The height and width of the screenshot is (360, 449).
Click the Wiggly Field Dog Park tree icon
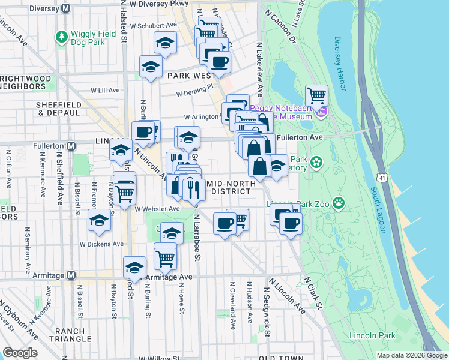61,37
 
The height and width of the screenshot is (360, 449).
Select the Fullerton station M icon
71,146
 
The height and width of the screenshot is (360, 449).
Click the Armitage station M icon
71,275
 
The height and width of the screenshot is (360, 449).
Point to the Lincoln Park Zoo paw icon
339,202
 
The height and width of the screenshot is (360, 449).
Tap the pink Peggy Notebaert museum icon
322,112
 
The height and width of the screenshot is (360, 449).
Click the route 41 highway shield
382,178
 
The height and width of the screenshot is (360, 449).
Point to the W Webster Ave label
157,209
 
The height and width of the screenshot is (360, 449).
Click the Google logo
20,353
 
